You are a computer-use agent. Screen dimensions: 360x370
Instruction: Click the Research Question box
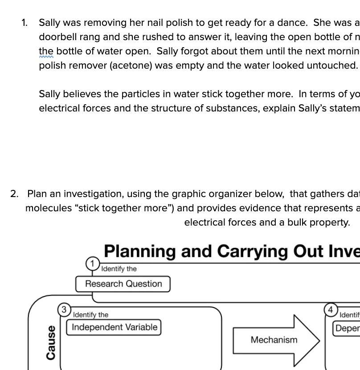[x=123, y=284]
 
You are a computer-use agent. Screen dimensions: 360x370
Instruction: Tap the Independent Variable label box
[x=115, y=327]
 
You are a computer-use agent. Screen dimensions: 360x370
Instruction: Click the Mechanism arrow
[x=274, y=340]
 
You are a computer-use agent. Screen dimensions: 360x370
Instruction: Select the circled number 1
[x=92, y=264]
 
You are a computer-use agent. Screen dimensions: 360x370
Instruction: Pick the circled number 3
[x=64, y=309]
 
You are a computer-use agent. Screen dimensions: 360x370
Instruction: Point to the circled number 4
[x=330, y=309]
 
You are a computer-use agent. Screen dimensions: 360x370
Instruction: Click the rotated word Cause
[x=51, y=342]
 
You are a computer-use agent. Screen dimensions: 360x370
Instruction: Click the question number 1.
[x=25, y=23]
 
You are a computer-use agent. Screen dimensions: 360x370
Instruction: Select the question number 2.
[x=14, y=194]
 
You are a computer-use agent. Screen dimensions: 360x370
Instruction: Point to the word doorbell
[x=58, y=37]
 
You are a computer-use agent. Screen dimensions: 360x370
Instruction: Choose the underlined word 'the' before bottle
[x=46, y=51]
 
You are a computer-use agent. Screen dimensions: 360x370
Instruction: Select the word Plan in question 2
[x=37, y=194]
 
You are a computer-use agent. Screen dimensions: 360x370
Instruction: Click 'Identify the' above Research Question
[x=119, y=269]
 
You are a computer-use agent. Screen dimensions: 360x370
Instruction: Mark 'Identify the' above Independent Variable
[x=90, y=315]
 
